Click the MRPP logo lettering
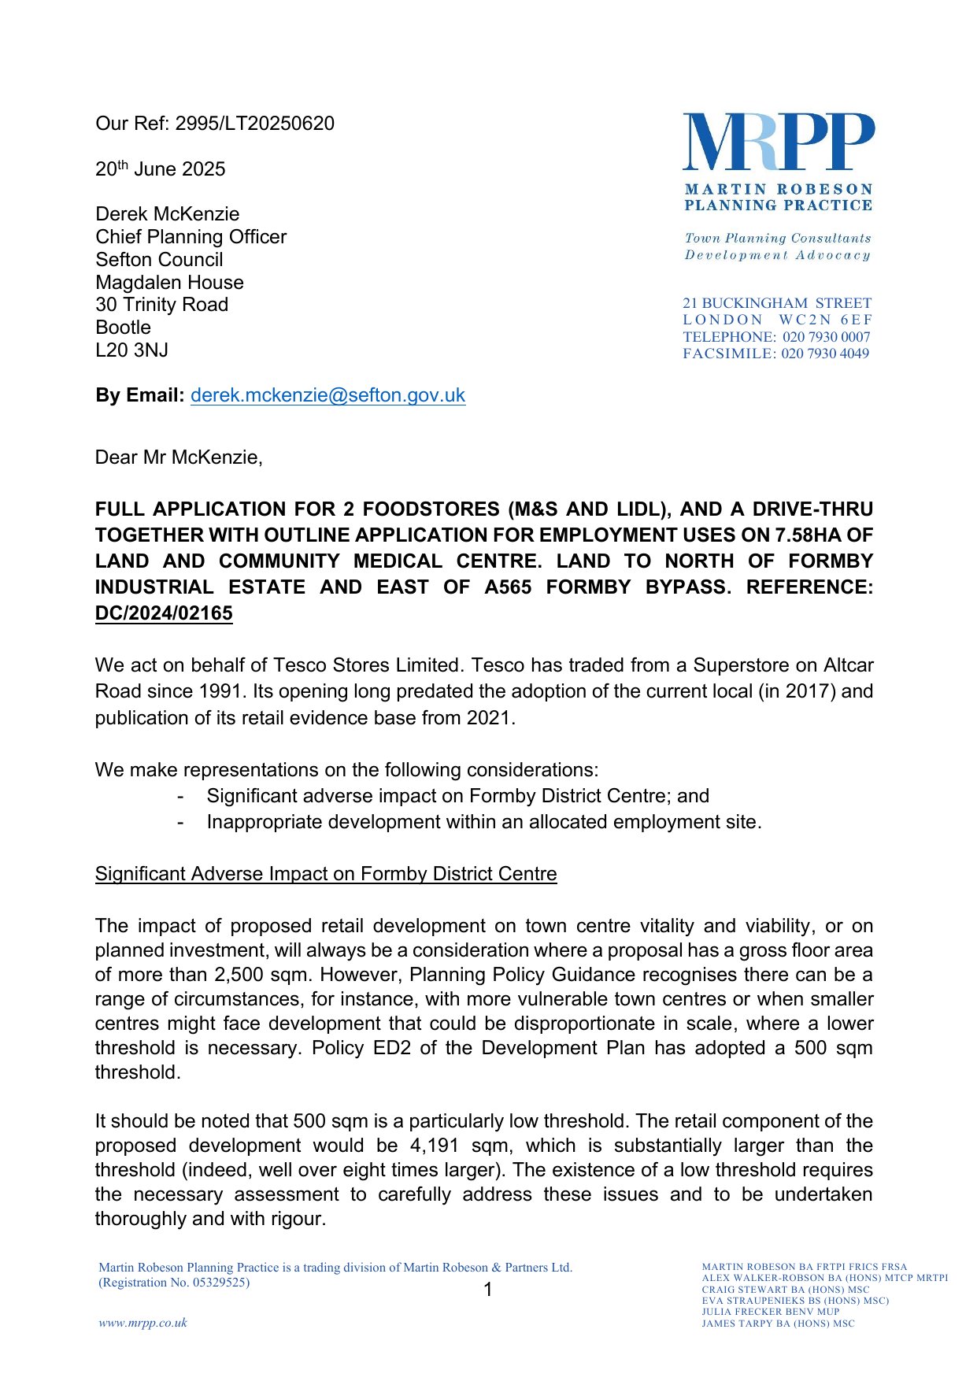[x=778, y=142]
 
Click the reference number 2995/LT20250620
[x=254, y=124]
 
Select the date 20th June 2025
[x=161, y=169]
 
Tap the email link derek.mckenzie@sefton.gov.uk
[x=328, y=395]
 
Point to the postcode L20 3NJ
[x=131, y=350]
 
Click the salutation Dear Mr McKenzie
[x=179, y=457]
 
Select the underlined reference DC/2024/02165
[x=164, y=613]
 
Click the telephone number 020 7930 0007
[x=826, y=337]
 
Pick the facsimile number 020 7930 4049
[x=824, y=354]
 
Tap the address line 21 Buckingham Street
[x=776, y=303]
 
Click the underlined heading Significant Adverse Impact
[x=326, y=874]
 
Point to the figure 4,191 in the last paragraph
[x=434, y=1146]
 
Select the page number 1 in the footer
[x=488, y=1290]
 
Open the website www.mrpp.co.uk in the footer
[x=143, y=1323]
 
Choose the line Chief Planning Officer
[x=191, y=237]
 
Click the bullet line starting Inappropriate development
[x=483, y=822]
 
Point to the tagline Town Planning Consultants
[x=778, y=238]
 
